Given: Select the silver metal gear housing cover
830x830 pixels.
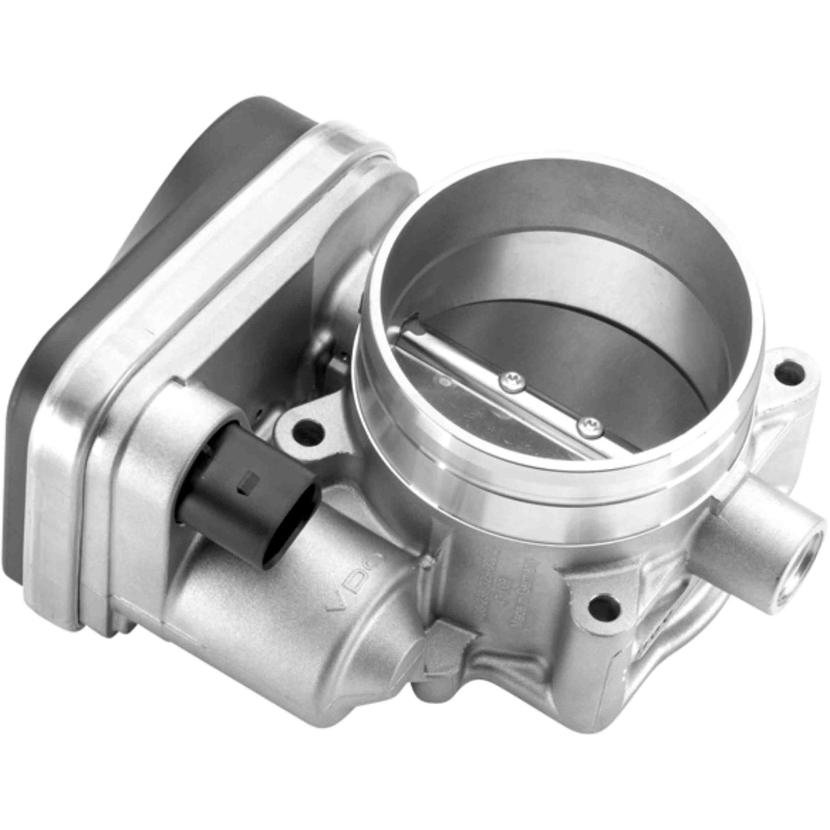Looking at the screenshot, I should point(230,270).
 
